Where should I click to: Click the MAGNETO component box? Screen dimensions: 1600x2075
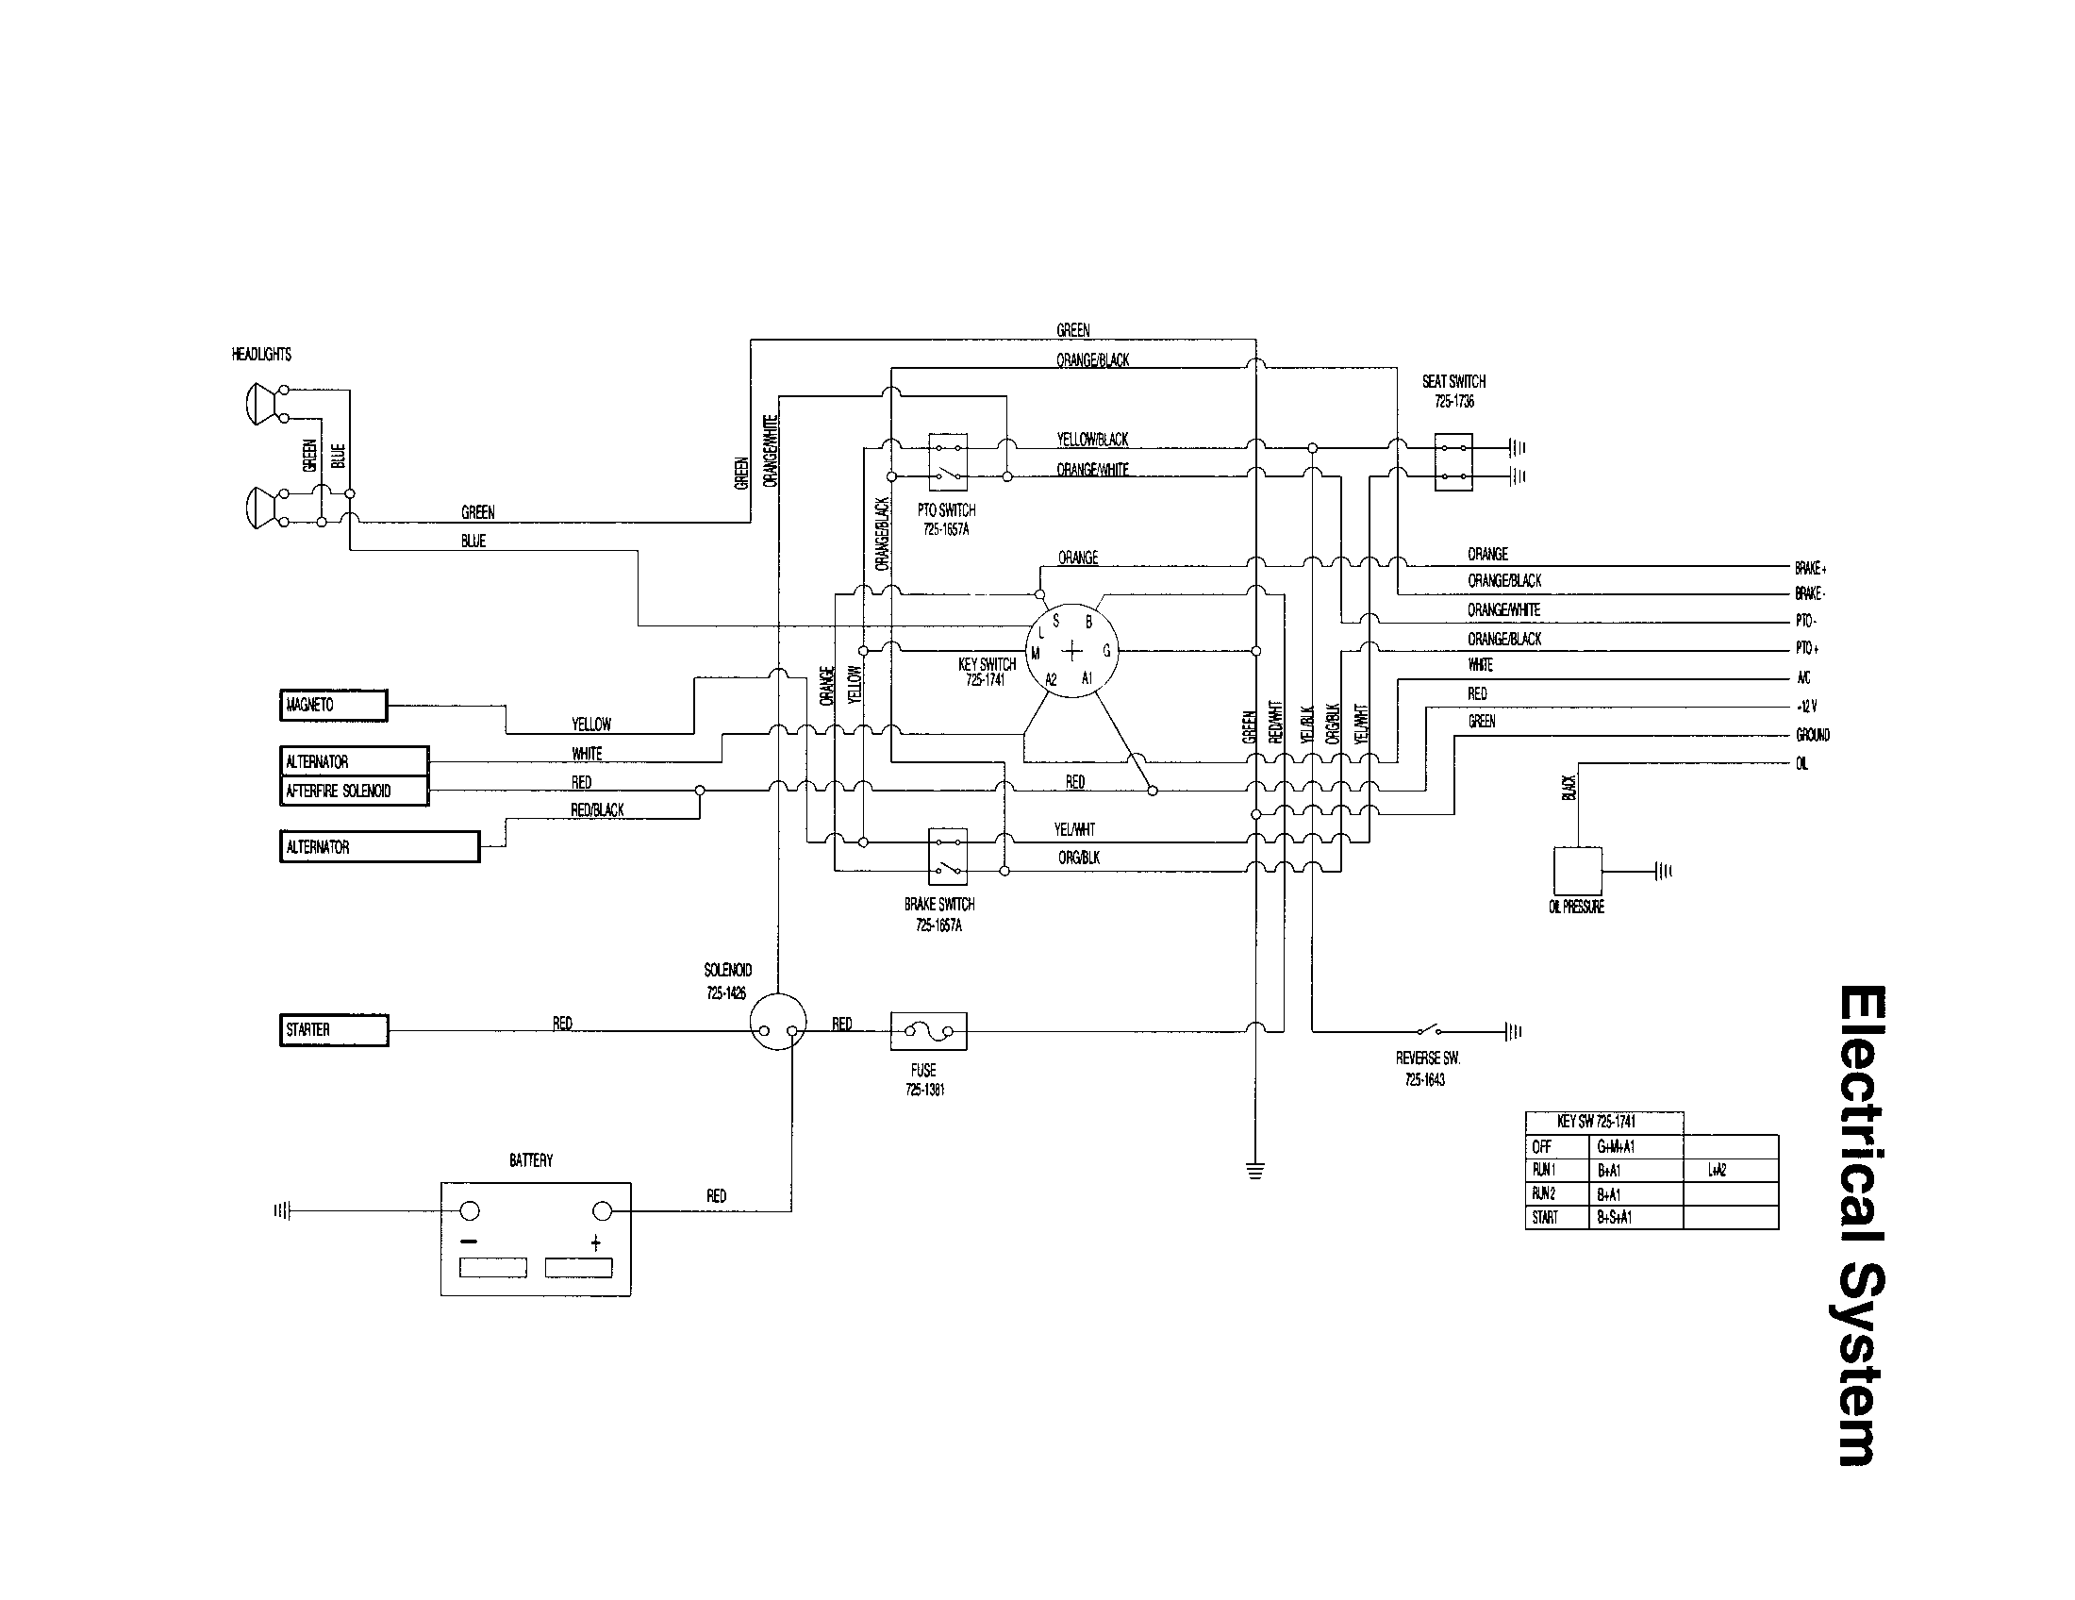coord(334,706)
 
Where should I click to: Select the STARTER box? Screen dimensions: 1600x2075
coord(334,1030)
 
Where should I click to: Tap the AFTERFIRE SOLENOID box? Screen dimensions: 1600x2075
coord(354,791)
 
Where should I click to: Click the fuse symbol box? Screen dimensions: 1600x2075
coord(928,1031)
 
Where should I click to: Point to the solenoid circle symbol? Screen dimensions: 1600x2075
coord(777,1022)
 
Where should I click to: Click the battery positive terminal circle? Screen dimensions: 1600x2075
coord(602,1210)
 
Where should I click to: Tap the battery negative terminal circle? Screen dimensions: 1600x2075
coord(470,1210)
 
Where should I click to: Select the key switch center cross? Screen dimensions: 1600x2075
coord(1071,651)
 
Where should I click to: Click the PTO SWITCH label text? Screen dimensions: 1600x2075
coord(946,510)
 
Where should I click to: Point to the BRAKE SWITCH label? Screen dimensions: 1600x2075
coord(938,905)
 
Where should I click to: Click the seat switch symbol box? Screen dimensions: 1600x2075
coord(1452,461)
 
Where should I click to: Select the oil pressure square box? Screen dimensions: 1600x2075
coord(1577,872)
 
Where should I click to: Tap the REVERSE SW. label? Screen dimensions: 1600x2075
coord(1427,1058)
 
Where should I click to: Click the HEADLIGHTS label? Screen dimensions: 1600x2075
coord(261,355)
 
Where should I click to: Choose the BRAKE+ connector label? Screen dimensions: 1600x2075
coord(1810,568)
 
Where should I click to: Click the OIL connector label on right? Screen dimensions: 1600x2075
coord(1802,764)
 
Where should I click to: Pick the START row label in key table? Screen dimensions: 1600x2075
coord(1545,1217)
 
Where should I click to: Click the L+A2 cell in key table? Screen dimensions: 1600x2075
coord(1717,1171)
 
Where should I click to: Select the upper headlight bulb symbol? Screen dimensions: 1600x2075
coord(257,404)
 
